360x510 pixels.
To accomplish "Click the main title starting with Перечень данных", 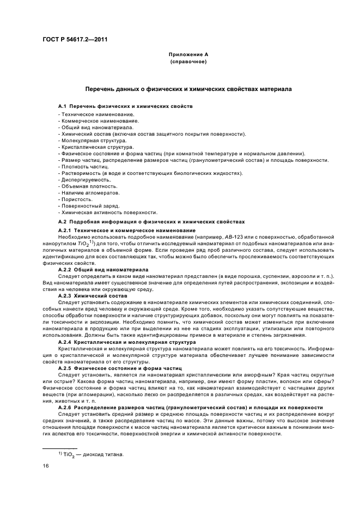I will tap(188, 88).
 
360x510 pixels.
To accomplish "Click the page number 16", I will tap(46, 466).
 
